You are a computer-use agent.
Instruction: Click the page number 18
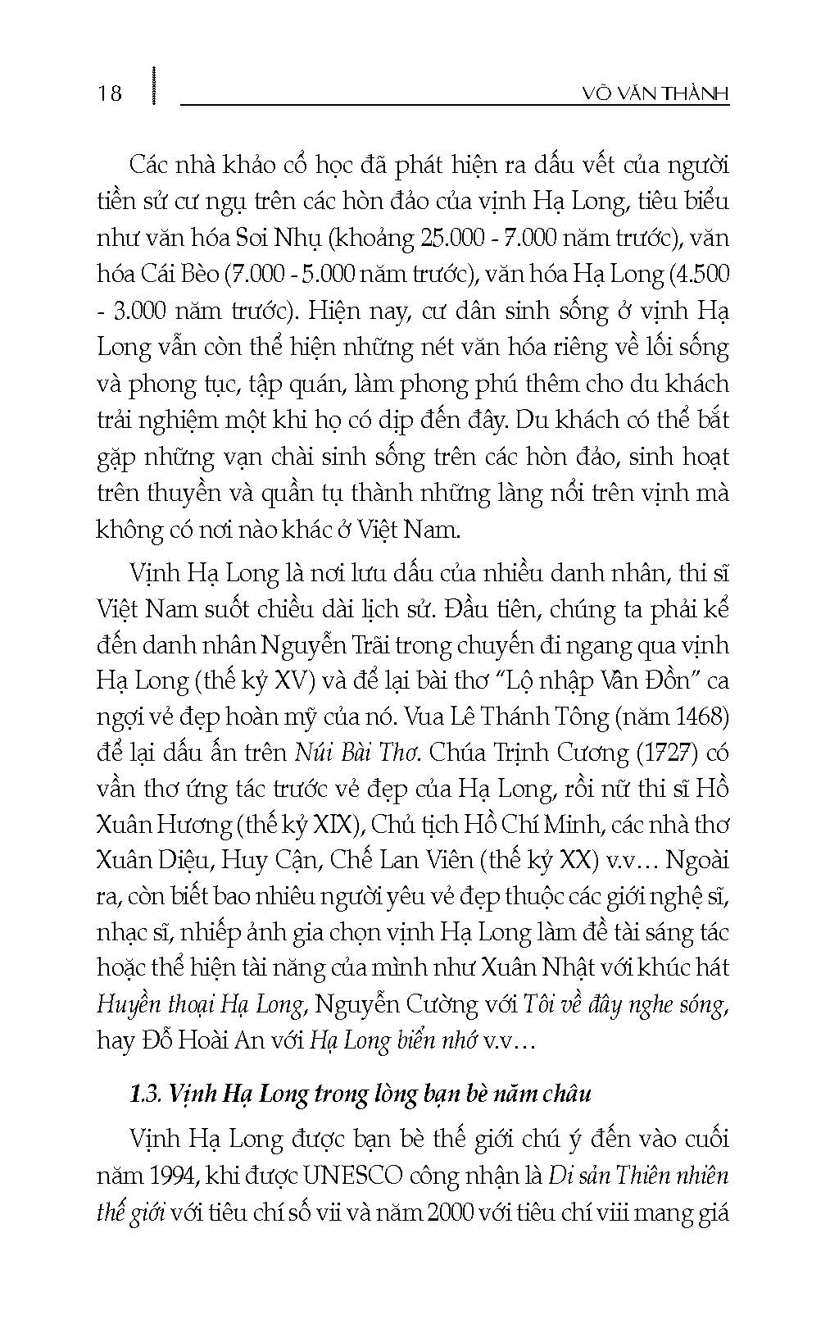tap(110, 93)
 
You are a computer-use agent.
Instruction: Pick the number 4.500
tap(699, 275)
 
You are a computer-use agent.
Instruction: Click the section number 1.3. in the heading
tap(148, 1094)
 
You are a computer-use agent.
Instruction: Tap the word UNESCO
tap(354, 1176)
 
